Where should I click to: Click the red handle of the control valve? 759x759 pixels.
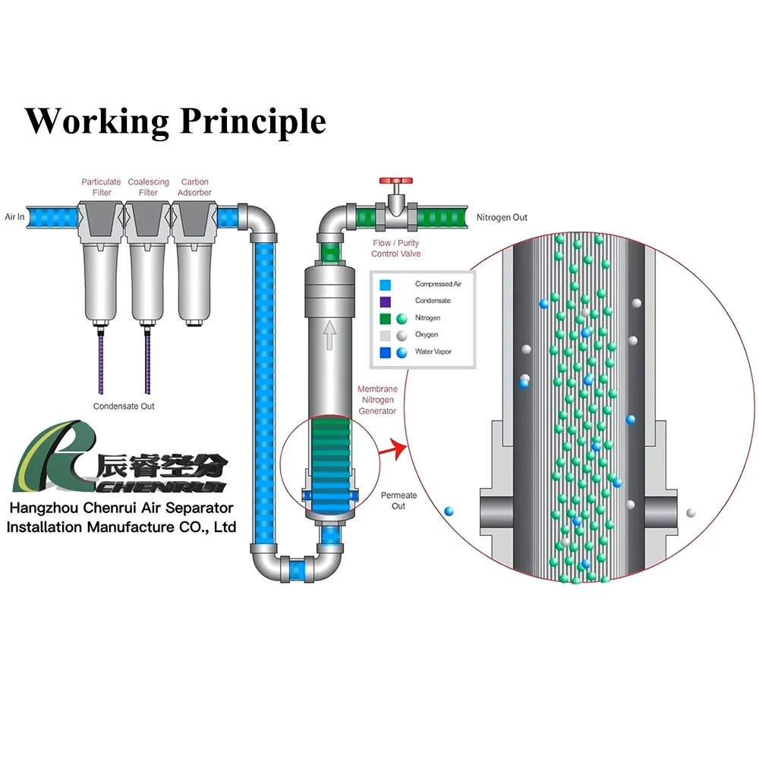(397, 183)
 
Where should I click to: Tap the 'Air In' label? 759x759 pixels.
(15, 216)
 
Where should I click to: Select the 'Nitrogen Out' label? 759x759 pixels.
(502, 218)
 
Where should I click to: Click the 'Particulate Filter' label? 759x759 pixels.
(102, 187)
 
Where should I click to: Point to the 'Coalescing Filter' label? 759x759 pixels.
(148, 187)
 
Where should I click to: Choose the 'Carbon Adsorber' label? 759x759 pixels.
(195, 187)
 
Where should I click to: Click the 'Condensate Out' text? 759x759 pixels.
(124, 406)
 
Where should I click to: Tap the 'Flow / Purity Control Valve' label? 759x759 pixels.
(396, 248)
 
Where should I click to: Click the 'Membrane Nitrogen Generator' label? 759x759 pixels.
(377, 400)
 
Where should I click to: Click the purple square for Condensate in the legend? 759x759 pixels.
(386, 301)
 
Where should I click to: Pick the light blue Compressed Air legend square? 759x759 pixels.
(386, 285)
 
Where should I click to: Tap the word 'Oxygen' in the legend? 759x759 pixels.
(427, 335)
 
